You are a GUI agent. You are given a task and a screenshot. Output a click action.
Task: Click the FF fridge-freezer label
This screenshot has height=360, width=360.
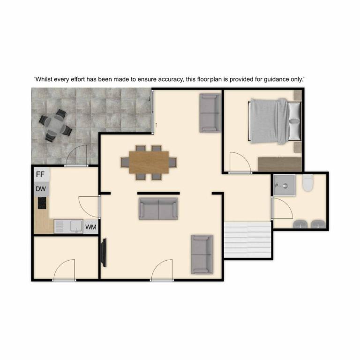40,174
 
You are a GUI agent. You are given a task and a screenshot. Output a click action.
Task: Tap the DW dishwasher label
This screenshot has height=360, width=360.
41,189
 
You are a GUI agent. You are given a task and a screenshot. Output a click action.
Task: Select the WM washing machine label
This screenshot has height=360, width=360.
90,227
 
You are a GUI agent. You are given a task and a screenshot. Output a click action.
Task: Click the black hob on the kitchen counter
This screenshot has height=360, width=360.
42,203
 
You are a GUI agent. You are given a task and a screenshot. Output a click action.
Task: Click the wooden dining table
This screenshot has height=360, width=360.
149,162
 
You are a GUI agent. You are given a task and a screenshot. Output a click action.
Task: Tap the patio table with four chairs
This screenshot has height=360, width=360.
55,125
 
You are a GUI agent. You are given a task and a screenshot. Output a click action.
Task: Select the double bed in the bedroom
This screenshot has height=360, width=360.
275,121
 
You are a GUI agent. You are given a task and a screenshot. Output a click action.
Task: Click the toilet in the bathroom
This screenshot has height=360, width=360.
307,183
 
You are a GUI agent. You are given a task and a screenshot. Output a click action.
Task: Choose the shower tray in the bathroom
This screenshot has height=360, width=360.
285,185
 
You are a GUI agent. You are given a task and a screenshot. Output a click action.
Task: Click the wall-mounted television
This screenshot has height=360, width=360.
104,253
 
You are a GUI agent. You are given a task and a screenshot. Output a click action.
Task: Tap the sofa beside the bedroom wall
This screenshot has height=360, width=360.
210,112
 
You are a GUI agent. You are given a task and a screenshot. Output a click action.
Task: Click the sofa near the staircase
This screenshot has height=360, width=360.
202,255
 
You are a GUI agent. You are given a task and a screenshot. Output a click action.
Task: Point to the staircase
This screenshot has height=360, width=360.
247,240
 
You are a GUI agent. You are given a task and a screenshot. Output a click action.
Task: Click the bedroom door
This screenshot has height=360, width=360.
240,162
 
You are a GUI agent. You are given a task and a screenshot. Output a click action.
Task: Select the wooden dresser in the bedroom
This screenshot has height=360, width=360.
280,164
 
